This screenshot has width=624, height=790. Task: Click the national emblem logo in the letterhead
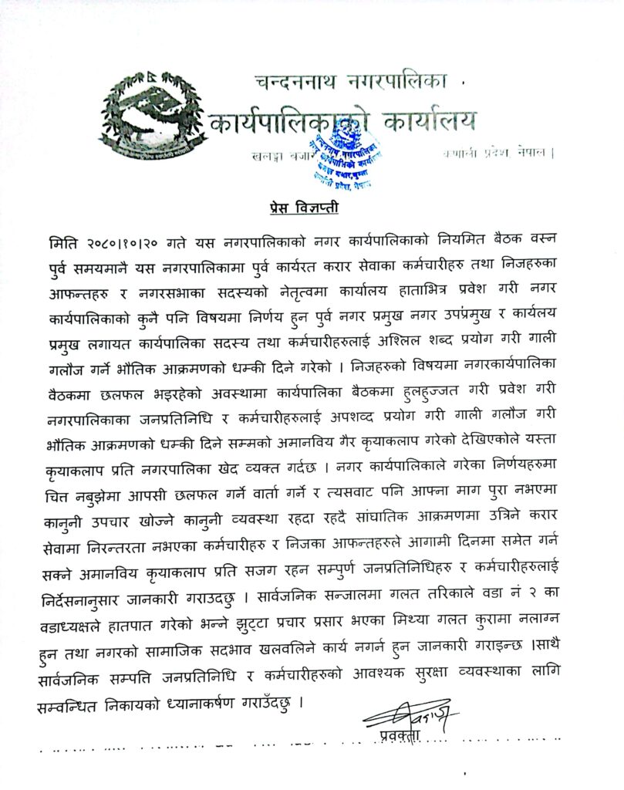coord(149,117)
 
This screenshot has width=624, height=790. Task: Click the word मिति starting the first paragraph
coord(62,242)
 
